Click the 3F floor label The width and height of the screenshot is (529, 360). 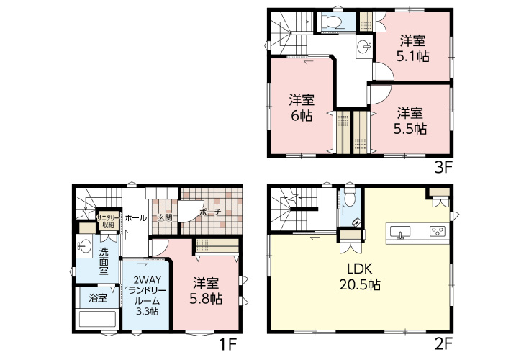point(443,167)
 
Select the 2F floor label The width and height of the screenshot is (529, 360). point(443,344)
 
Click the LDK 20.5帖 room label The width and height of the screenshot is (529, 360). point(360,277)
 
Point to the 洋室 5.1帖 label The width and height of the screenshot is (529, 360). point(412,48)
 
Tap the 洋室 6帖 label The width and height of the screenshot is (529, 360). point(302,107)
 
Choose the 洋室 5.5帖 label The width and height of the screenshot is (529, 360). point(410,121)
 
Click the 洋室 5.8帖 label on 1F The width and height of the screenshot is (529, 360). point(206,291)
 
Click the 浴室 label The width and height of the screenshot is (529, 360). point(98,298)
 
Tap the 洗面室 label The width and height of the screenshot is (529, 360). point(103,261)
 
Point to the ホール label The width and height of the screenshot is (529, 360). point(135,218)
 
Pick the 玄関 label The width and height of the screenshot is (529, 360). point(165,217)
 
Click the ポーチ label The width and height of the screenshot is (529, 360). point(210,212)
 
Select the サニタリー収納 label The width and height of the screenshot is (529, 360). point(108,221)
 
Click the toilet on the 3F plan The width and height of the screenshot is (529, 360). point(332,22)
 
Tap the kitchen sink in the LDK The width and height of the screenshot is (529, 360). point(400,232)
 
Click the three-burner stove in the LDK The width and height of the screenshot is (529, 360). point(438,231)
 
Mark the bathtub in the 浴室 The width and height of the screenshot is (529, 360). point(97,318)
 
